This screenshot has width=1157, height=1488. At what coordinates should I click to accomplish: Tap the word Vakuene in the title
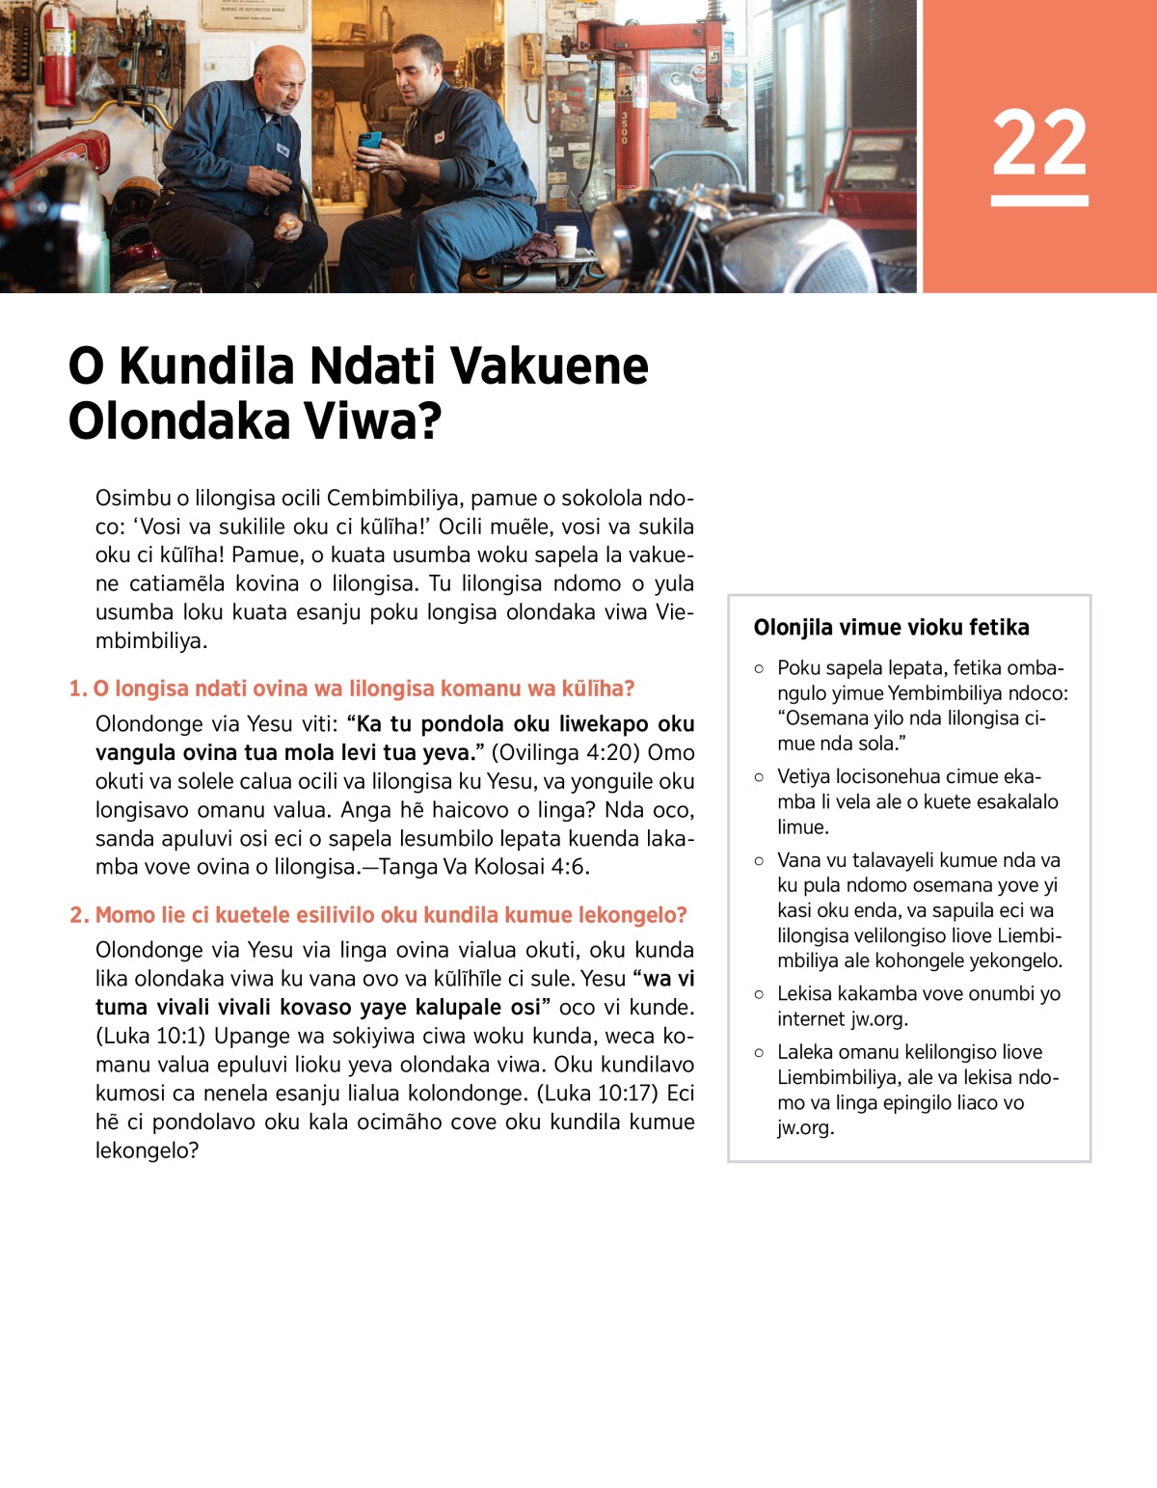click(x=549, y=366)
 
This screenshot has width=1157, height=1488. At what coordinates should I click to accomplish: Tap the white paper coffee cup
click(x=565, y=240)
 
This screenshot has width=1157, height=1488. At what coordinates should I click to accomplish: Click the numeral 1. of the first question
click(x=77, y=689)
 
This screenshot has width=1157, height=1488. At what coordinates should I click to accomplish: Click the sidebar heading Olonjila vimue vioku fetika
click(x=891, y=628)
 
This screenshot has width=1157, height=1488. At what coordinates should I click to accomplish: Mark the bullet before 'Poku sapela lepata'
click(x=760, y=668)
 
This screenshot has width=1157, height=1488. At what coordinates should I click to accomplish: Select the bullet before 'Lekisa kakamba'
click(x=760, y=994)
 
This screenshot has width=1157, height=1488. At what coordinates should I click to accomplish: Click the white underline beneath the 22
click(x=1039, y=201)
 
